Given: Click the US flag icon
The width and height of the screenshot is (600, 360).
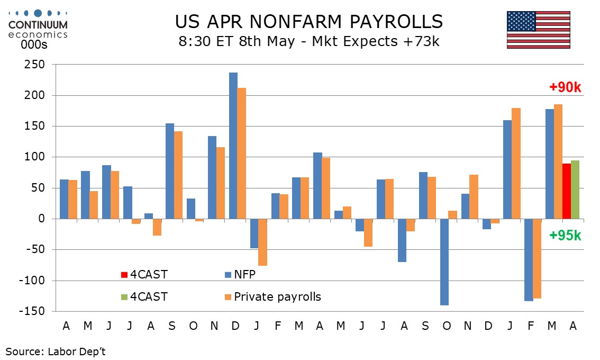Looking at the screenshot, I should point(538,30).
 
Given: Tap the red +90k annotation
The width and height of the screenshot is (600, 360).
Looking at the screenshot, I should point(565,87).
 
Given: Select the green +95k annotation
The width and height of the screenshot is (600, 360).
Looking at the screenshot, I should point(565,236).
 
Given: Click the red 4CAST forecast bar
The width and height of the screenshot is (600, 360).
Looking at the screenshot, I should point(566,191).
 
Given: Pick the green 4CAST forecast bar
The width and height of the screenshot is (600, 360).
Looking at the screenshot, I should point(575,190).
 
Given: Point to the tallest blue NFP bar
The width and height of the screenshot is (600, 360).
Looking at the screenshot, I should point(233,146).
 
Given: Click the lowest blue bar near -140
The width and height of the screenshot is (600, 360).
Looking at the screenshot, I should point(444,262).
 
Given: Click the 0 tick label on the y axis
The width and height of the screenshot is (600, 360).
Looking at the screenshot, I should point(43,219).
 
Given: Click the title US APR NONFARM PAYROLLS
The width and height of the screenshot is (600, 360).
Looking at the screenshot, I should point(308,21).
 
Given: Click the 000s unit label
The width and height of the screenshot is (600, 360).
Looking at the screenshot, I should point(34,46).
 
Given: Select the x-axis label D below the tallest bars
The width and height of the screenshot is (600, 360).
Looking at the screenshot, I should point(235,326).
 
